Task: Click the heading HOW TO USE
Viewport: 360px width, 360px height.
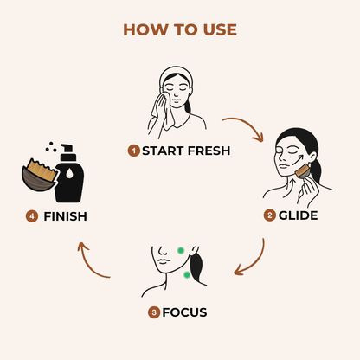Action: coord(180,29)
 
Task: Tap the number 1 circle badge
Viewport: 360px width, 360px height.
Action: coord(133,151)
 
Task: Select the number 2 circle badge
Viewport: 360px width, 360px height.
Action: coord(270,215)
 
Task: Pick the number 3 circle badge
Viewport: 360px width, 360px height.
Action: coord(154,312)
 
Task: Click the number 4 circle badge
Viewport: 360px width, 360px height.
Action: coord(32,216)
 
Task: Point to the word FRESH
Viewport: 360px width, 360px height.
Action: coord(209,151)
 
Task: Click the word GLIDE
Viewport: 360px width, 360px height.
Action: coord(299,215)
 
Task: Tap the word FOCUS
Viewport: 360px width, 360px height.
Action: coord(184,312)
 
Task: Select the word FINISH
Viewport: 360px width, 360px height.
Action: coord(65,216)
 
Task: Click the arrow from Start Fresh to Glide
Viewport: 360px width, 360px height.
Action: coord(247,124)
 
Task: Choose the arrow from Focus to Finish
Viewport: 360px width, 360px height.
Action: coord(89,264)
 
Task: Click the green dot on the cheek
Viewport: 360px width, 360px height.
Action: coord(181,251)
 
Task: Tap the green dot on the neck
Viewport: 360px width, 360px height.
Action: coord(187,275)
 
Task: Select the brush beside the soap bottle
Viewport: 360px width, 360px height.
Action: coord(40,175)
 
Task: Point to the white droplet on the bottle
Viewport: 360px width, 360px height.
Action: coord(69,174)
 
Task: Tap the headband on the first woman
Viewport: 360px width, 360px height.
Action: coord(176,74)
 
